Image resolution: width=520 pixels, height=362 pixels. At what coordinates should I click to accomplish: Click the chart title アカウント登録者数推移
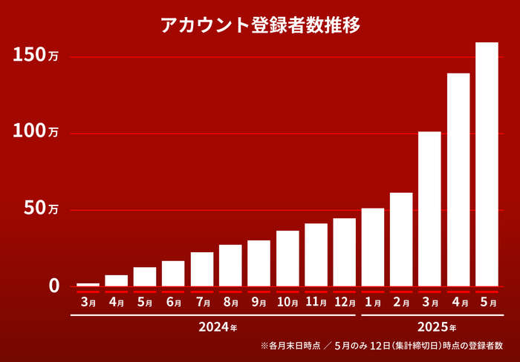(260, 25)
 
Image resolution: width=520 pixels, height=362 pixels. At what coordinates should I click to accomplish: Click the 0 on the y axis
(53, 286)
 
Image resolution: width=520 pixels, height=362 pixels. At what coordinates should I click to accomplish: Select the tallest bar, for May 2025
(487, 163)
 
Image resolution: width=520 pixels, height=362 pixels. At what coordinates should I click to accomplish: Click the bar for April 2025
(458, 179)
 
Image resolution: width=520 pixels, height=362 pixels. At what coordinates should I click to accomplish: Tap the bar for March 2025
(429, 208)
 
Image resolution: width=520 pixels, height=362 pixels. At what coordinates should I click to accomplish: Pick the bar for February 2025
(401, 239)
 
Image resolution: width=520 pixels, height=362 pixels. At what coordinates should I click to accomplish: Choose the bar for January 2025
(373, 246)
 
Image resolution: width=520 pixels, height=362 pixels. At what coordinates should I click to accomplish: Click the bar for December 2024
(344, 251)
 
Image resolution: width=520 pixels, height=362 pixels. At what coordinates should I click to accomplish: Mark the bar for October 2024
(287, 258)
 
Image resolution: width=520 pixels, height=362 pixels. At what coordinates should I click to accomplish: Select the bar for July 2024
(202, 269)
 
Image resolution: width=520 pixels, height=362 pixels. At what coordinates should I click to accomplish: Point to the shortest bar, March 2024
(88, 284)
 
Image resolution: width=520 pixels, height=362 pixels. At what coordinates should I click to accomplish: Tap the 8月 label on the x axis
(230, 303)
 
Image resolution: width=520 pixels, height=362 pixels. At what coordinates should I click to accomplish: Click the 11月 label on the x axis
(316, 303)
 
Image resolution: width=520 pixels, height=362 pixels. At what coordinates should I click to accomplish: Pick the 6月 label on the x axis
(173, 303)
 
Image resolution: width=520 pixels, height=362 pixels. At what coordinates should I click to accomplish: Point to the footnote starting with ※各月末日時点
(381, 346)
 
